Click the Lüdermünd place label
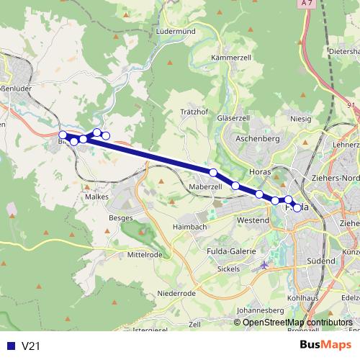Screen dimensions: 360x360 click(x=176, y=32)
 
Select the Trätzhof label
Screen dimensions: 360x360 click(x=194, y=112)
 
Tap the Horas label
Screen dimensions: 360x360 click(x=260, y=172)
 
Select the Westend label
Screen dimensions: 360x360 click(x=253, y=219)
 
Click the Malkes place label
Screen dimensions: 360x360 click(x=96, y=195)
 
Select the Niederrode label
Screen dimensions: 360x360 click(x=176, y=294)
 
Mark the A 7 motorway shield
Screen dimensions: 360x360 click(x=308, y=4)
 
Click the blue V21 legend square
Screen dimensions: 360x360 click(x=9, y=346)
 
